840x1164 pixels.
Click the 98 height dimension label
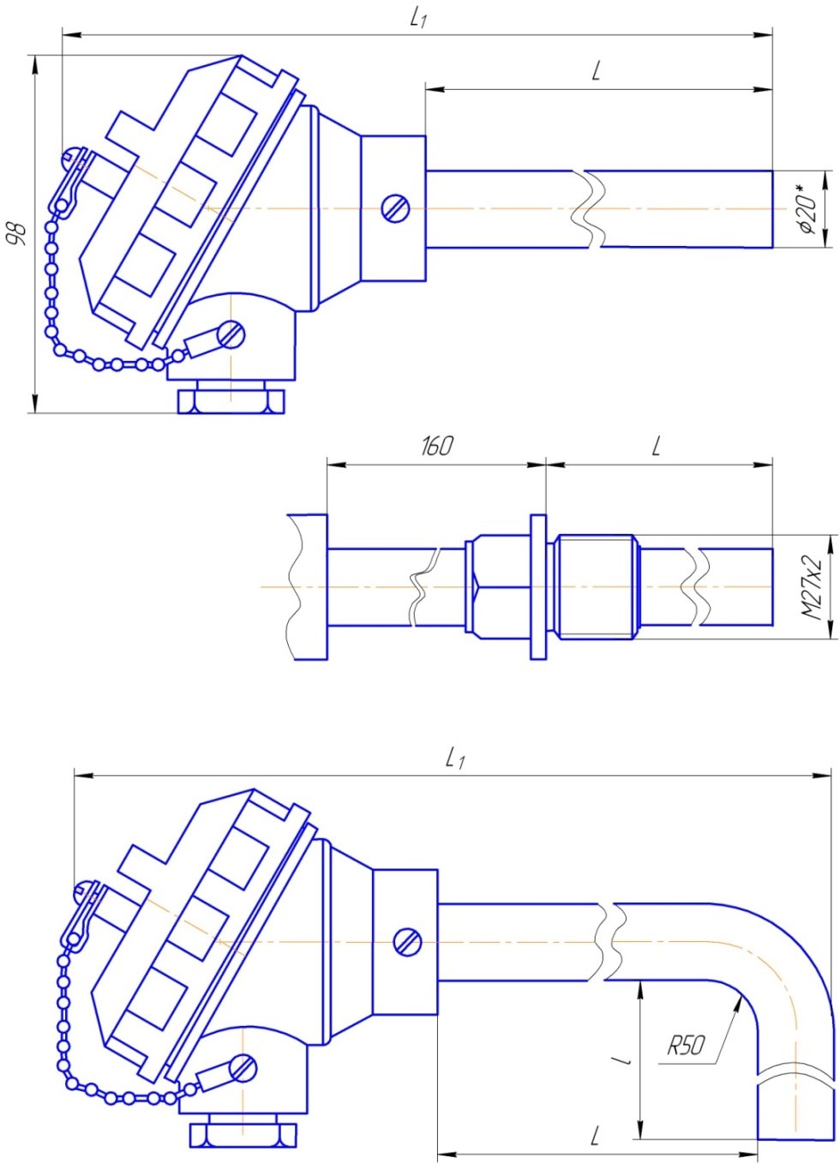(x=19, y=233)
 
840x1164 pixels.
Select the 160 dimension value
(x=436, y=446)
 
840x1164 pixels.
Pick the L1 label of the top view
(x=418, y=19)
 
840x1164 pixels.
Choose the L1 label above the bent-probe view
(x=455, y=760)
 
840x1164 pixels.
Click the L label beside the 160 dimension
(x=656, y=446)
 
